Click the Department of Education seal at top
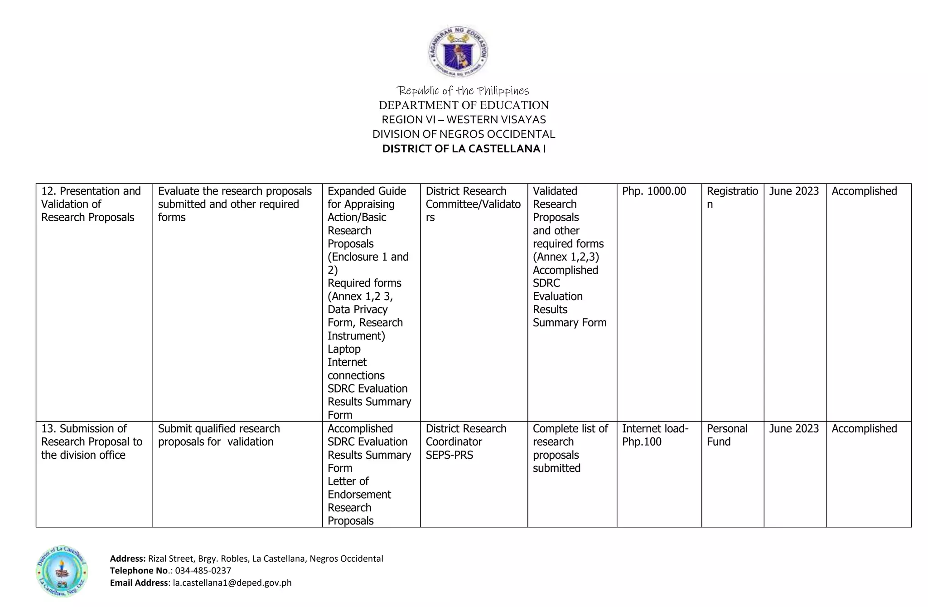pos(458,51)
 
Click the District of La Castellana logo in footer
pos(62,571)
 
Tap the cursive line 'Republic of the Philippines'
pos(463,91)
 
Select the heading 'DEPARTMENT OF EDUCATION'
pos(464,105)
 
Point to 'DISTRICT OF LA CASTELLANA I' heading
pos(464,149)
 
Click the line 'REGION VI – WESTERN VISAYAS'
pos(464,120)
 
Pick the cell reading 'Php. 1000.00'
pos(654,191)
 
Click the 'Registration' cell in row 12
pos(732,197)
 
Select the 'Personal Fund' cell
pos(727,435)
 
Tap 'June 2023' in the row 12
pos(794,191)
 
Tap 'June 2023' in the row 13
pos(794,429)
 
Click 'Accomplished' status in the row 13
pos(864,429)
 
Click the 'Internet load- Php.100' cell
pos(655,435)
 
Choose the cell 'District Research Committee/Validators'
pos(473,204)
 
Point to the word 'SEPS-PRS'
pos(449,455)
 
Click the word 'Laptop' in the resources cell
pos(344,349)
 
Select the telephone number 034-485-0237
pos(203,570)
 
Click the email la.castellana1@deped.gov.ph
pos(232,583)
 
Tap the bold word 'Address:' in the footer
pos(128,558)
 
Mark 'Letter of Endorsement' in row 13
pos(359,488)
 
